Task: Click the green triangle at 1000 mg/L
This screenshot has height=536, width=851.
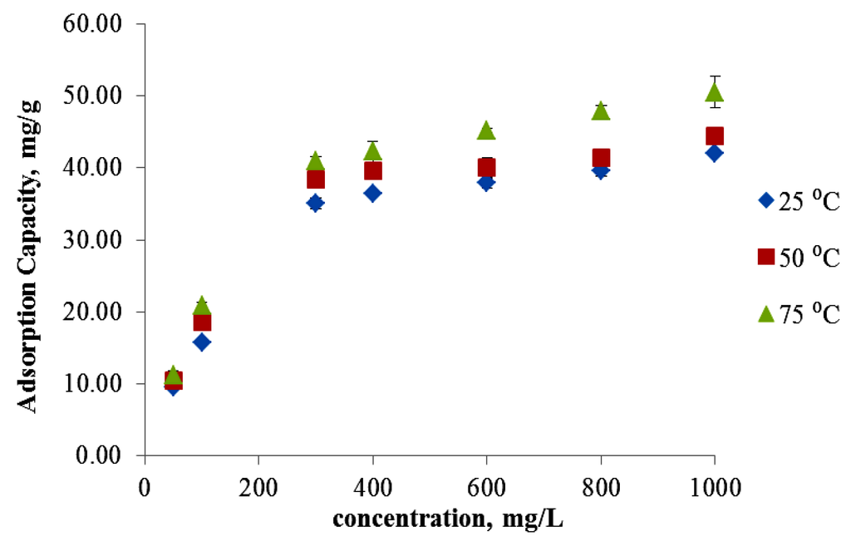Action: click(x=715, y=92)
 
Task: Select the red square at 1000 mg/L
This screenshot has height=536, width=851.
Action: click(x=715, y=136)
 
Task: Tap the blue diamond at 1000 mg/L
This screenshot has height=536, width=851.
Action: click(x=715, y=153)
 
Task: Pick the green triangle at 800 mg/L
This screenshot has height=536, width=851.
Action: click(x=601, y=111)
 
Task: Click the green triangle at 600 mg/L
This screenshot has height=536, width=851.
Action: click(x=487, y=130)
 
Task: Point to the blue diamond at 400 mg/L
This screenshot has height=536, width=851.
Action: click(x=372, y=193)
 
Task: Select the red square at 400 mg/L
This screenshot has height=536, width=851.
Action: click(x=373, y=171)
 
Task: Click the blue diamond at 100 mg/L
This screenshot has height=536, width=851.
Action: click(x=201, y=342)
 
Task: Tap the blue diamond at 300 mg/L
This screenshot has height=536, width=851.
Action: click(x=315, y=203)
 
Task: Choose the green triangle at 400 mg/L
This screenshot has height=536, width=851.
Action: click(x=372, y=151)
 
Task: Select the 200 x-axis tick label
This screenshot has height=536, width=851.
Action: click(x=258, y=486)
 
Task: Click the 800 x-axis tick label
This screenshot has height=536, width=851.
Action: click(x=601, y=486)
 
